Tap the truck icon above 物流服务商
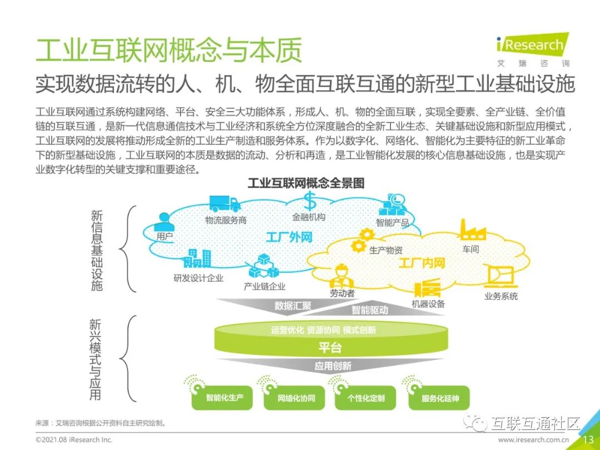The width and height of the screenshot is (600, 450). [x=224, y=204]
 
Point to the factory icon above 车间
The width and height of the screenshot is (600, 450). [x=472, y=230]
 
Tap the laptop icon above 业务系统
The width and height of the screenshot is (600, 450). [x=500, y=276]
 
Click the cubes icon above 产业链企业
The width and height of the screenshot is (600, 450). [x=263, y=267]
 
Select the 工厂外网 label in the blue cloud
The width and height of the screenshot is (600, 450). [x=289, y=237]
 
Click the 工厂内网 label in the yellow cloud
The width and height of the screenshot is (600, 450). [x=422, y=262]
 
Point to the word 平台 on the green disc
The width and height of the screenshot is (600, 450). [x=330, y=348]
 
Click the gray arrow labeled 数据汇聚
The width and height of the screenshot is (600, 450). [x=293, y=306]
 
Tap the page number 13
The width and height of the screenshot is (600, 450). [x=588, y=439]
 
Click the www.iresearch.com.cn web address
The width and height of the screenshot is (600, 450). [x=533, y=439]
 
